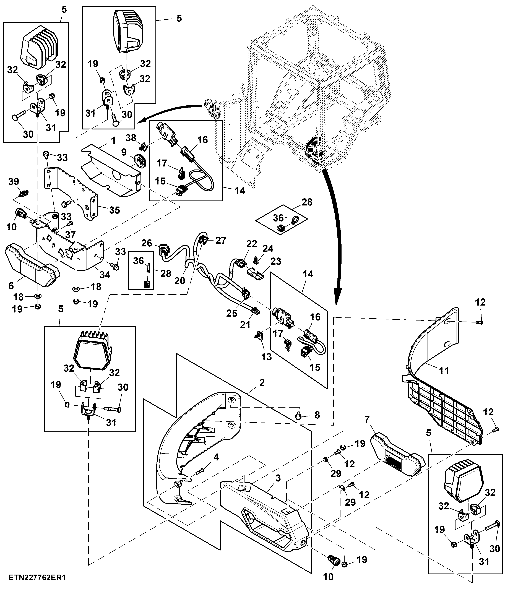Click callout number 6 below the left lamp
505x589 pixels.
(11, 286)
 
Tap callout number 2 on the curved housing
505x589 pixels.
(262, 383)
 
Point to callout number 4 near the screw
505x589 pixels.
(216, 457)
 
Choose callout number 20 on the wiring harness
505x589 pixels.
(180, 281)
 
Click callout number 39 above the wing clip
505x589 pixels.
(14, 181)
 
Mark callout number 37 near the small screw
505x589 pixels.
(71, 234)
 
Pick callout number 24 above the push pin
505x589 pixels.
(268, 248)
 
